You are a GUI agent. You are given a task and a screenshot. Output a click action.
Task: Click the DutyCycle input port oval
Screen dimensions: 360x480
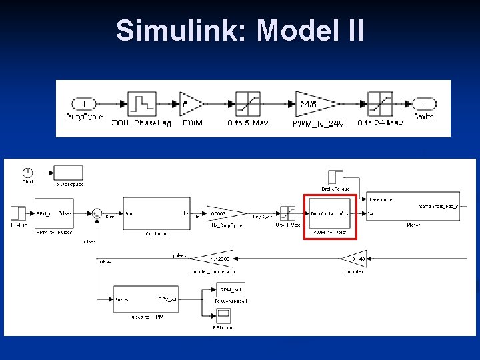click(83, 104)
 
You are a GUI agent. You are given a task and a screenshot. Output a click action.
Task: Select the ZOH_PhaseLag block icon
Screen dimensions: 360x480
click(141, 103)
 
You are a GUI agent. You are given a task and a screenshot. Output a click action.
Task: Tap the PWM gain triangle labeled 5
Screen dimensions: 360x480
click(190, 104)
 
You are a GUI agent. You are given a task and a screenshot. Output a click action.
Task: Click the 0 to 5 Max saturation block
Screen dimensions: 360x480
click(247, 104)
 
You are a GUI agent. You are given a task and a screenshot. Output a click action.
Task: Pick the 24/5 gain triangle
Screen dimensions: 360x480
click(315, 104)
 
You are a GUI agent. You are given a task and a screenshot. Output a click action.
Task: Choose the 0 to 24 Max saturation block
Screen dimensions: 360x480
click(380, 104)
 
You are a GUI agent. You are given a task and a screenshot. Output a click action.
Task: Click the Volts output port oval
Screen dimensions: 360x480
click(425, 104)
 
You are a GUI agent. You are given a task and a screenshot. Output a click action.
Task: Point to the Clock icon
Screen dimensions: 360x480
click(28, 171)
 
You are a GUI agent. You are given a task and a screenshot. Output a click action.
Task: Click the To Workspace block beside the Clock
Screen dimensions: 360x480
click(68, 173)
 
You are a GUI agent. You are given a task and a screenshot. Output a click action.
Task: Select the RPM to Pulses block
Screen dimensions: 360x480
click(53, 213)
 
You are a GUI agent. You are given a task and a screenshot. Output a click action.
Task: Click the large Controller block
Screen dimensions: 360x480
click(156, 213)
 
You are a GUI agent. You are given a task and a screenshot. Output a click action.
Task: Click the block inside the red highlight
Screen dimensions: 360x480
click(330, 214)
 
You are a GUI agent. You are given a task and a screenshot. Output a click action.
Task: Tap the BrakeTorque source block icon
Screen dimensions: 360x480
click(336, 178)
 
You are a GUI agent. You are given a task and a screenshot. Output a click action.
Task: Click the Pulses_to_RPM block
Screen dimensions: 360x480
click(145, 299)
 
